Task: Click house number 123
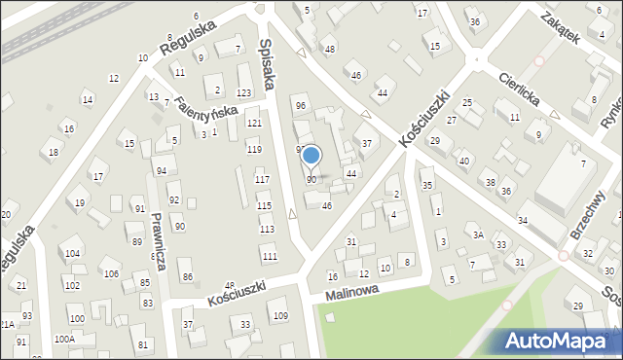[x=243, y=92]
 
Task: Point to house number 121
[x=254, y=124]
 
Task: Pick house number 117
[x=262, y=179]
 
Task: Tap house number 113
[x=266, y=229]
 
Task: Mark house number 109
[x=280, y=316]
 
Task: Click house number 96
[x=300, y=105]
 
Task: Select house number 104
[x=73, y=253]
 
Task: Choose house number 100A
[x=64, y=340]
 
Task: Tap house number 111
[x=270, y=256]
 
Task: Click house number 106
[x=112, y=273]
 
